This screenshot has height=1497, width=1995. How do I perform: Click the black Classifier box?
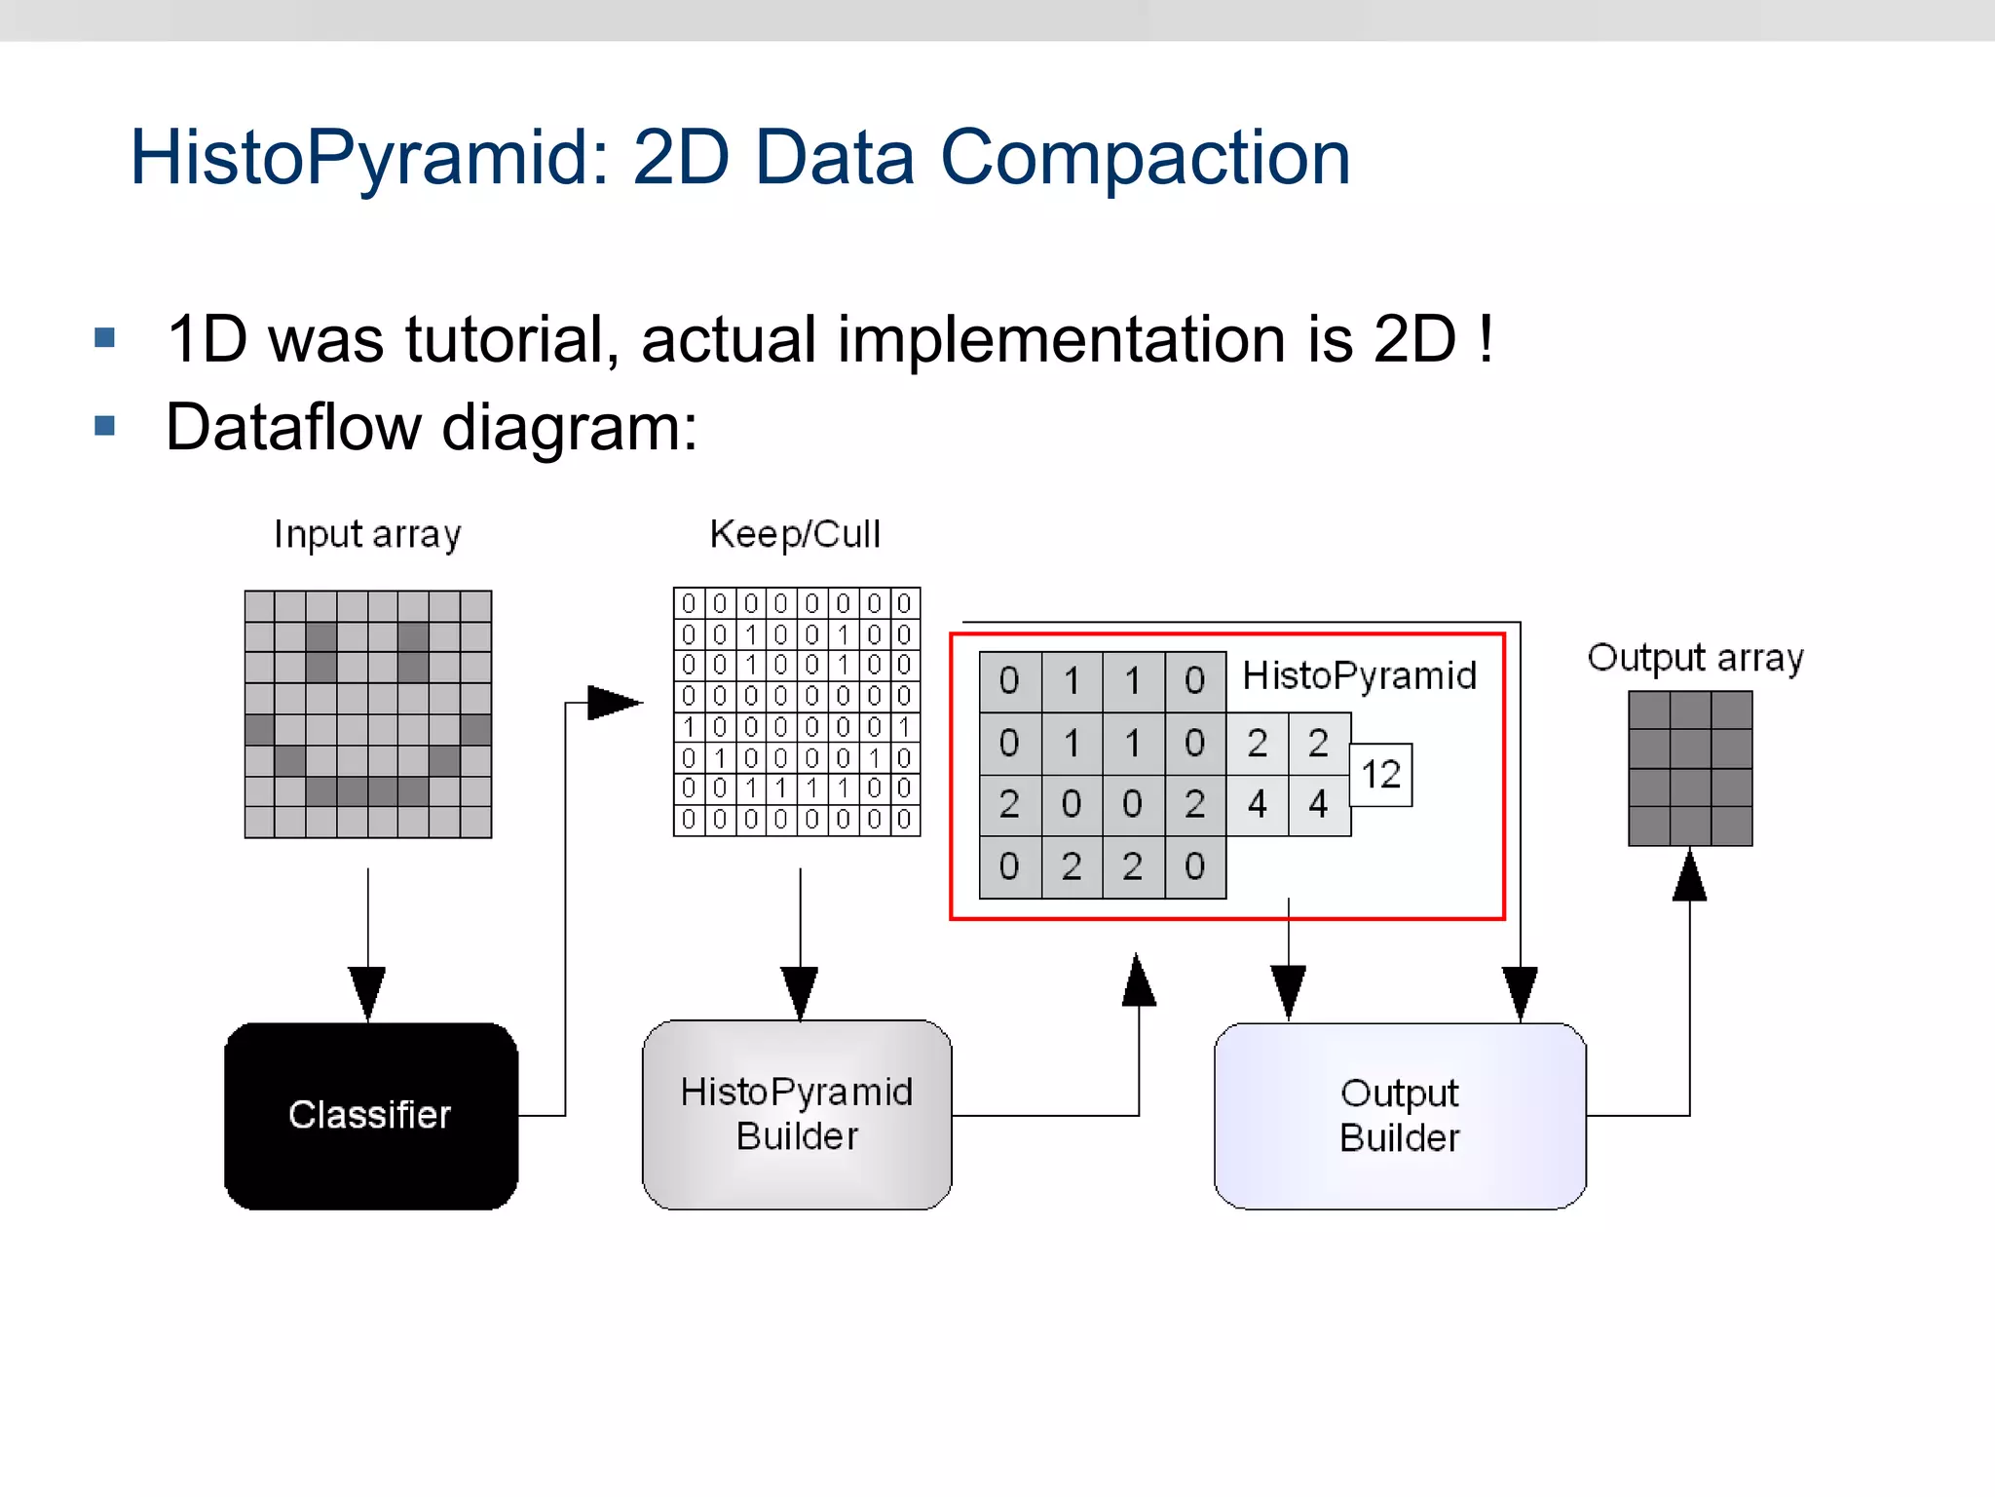click(x=370, y=1115)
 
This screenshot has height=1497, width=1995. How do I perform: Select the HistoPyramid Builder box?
click(x=797, y=1114)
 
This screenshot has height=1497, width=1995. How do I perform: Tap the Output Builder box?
click(x=1400, y=1115)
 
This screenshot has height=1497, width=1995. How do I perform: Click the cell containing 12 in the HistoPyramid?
click(x=1380, y=775)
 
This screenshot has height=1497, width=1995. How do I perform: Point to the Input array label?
click(x=367, y=534)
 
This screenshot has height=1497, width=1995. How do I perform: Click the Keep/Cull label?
click(x=795, y=534)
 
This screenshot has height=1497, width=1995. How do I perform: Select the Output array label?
click(x=1695, y=658)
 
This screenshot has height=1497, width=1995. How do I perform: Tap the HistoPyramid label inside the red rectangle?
click(x=1359, y=675)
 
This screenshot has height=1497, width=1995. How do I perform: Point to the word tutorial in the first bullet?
click(x=512, y=339)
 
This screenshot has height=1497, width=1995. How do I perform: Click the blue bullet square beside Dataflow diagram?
click(x=105, y=426)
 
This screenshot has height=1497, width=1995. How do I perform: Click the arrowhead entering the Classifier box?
click(x=367, y=992)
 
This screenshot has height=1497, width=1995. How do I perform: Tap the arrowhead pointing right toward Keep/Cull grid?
click(x=614, y=702)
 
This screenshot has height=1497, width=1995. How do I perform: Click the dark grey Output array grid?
click(x=1690, y=768)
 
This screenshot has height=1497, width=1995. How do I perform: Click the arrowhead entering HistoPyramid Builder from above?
click(x=800, y=992)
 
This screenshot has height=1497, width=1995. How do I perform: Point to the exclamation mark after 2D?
click(x=1485, y=339)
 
